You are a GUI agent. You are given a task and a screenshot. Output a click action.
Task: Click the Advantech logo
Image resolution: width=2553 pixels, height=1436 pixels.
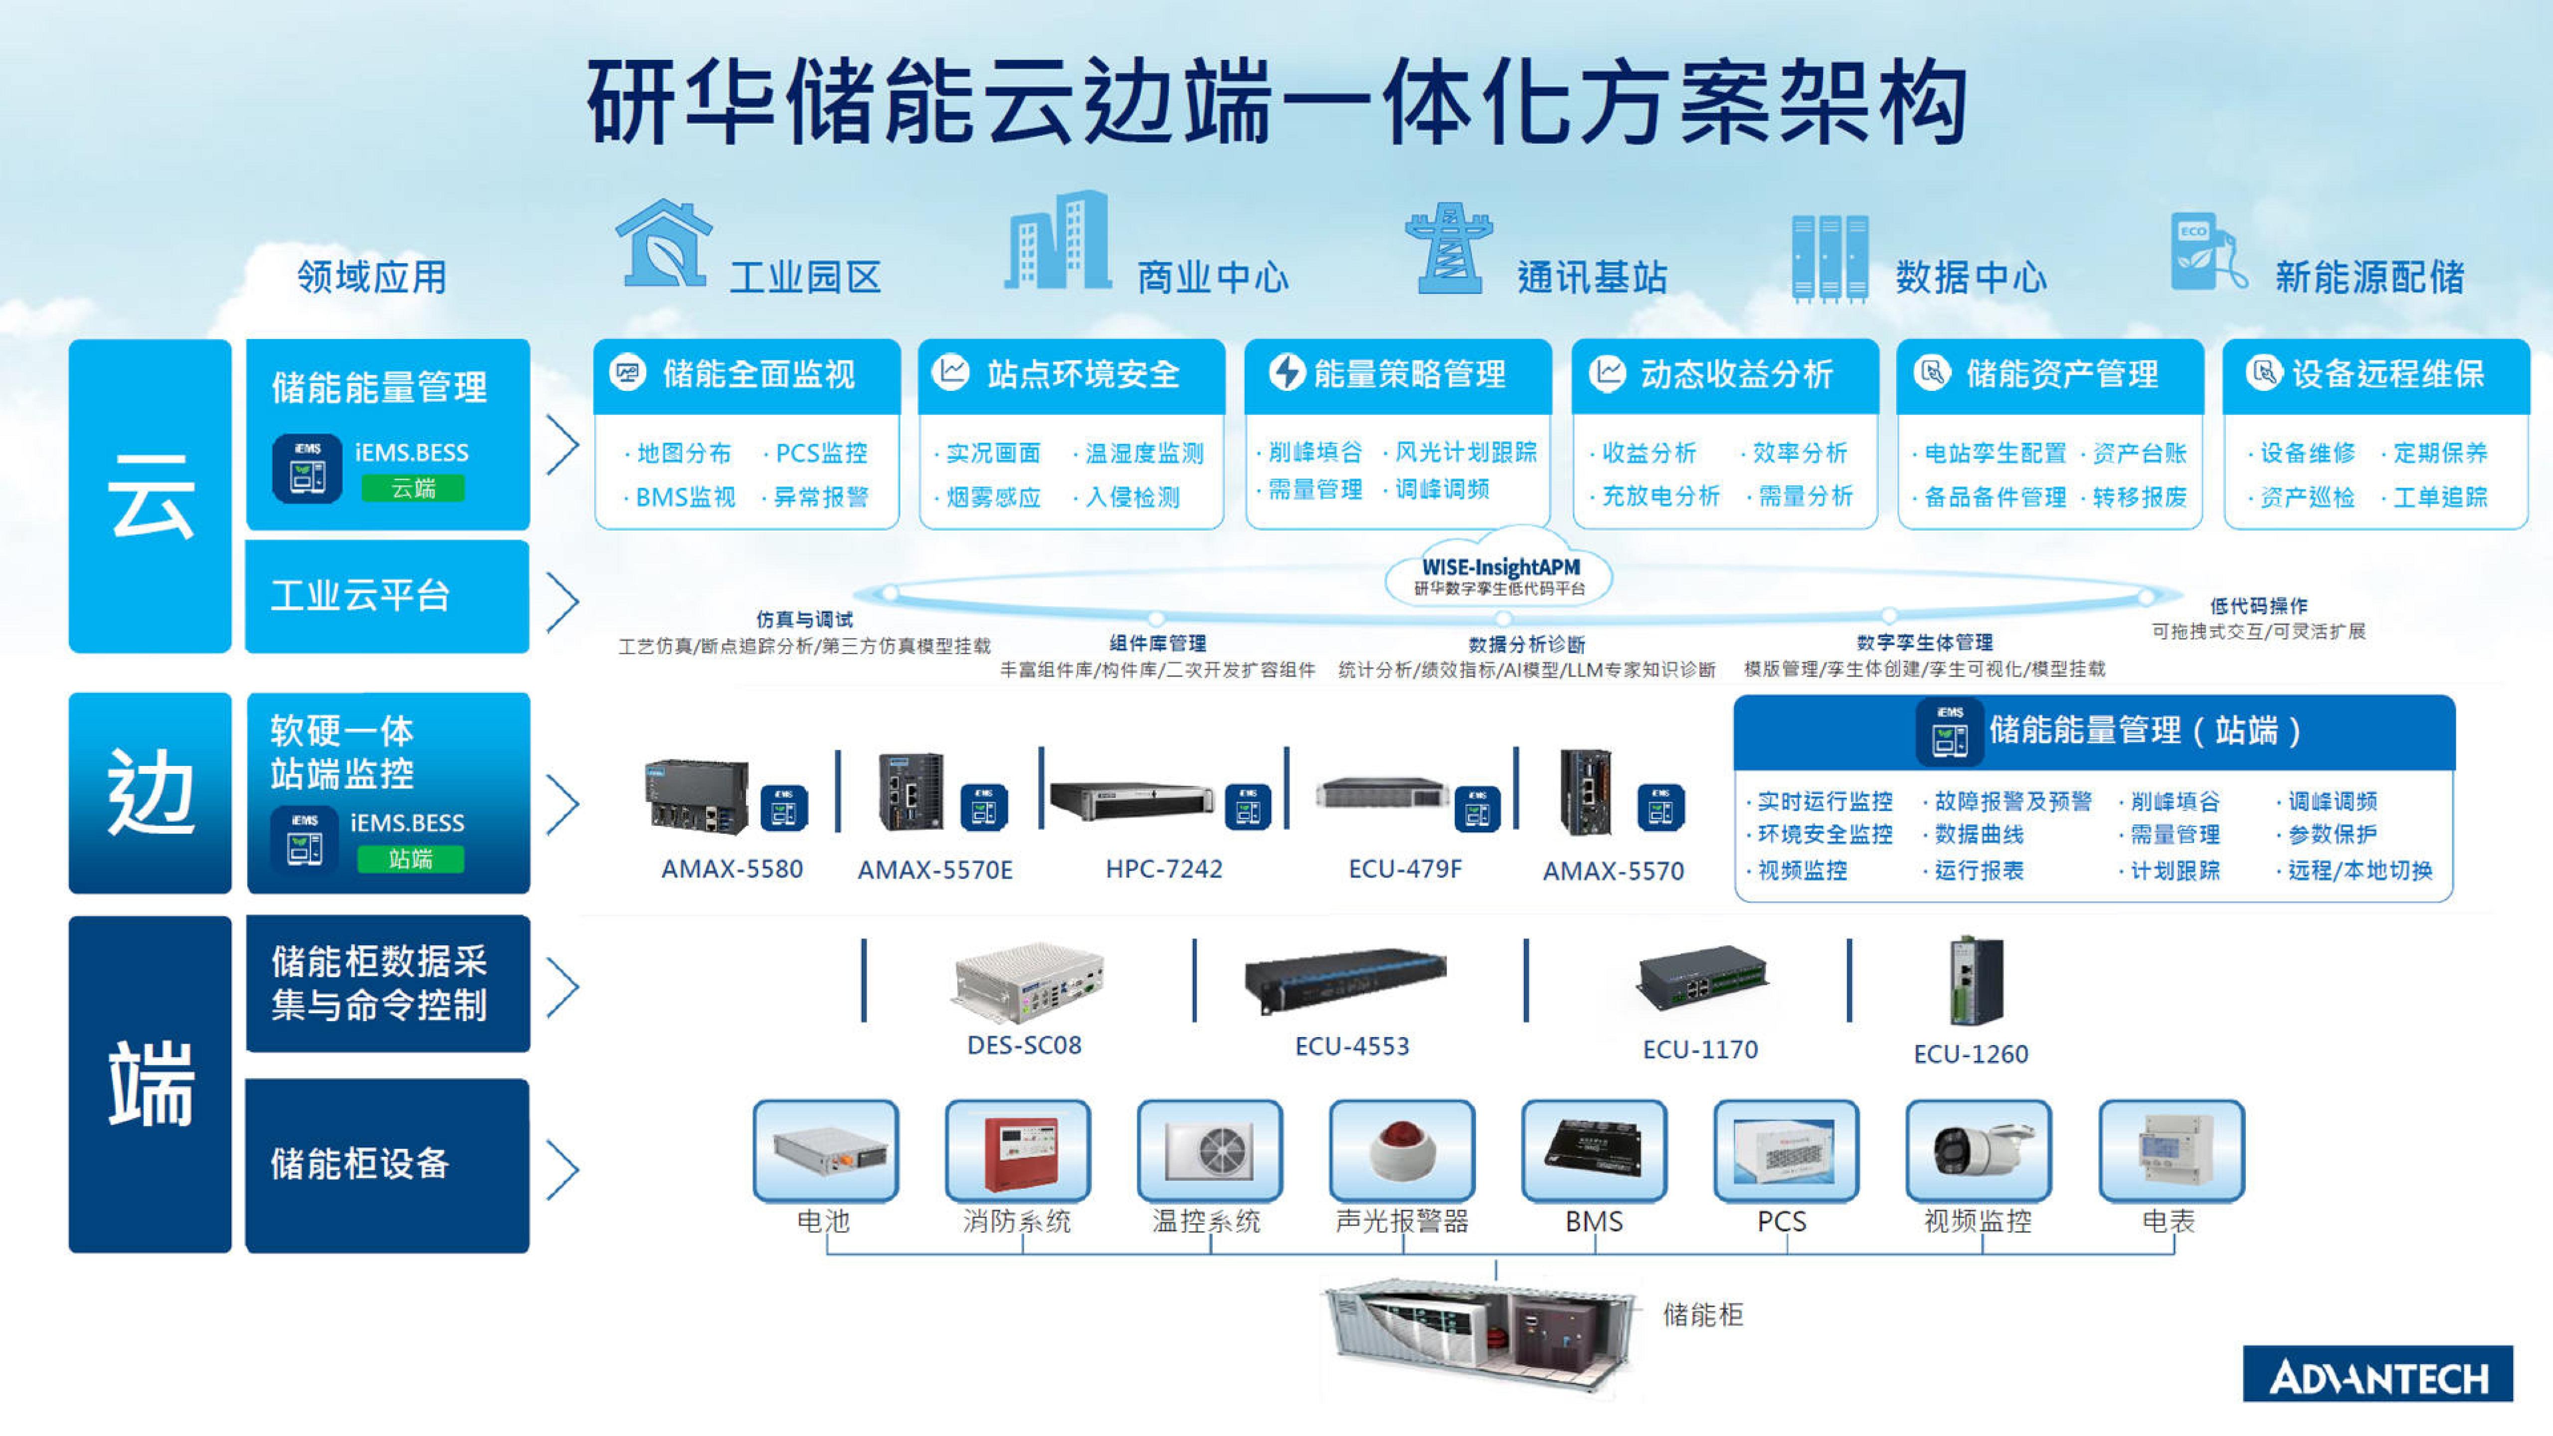pos(2376,1375)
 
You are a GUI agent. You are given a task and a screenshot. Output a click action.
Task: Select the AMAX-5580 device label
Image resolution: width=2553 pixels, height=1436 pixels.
pos(731,869)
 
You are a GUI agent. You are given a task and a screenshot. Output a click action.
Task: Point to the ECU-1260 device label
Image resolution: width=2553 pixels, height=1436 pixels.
pos(1970,1054)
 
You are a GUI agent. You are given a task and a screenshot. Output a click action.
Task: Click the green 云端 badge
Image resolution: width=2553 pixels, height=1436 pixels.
pos(412,488)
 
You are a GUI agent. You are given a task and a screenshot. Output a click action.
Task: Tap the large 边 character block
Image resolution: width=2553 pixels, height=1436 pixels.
pos(150,793)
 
